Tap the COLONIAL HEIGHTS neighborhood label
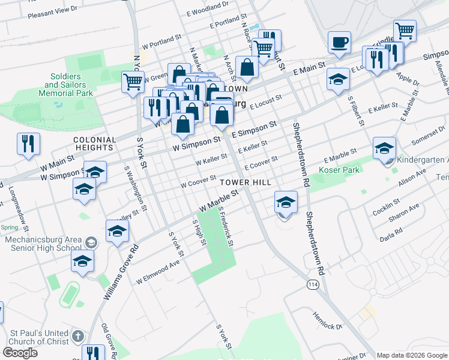94,144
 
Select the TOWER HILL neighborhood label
245,182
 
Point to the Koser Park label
342,170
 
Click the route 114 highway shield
312,283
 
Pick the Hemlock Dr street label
327,320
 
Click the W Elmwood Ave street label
158,272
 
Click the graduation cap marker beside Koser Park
384,148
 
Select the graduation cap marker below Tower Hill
286,202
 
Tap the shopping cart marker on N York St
132,81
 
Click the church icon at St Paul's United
77,336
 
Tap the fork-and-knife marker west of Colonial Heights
28,143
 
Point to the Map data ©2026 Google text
412,355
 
